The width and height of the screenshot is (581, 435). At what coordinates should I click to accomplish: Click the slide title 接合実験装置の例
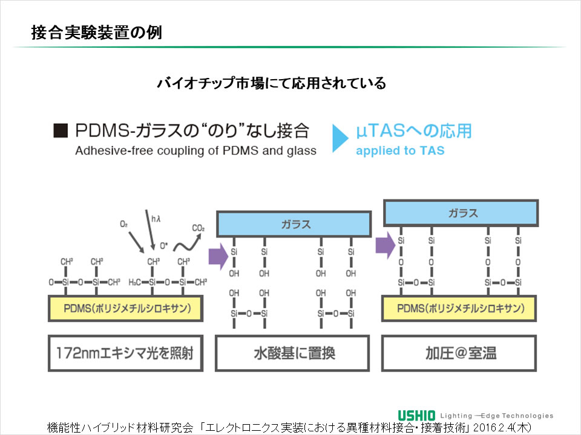click(x=97, y=33)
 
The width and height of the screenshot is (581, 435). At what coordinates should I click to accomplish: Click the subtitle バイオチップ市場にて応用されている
click(x=271, y=83)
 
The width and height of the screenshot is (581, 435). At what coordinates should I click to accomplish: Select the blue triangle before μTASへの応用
click(x=341, y=138)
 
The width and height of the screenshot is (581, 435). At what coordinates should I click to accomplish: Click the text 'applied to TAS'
click(x=400, y=151)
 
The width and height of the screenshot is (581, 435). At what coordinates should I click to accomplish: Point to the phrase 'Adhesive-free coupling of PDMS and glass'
click(x=195, y=151)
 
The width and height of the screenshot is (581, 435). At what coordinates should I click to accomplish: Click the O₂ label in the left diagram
click(x=124, y=224)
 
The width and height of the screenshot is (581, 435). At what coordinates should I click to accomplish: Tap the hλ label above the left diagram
click(x=156, y=219)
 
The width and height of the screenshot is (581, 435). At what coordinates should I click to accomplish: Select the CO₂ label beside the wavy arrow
click(x=198, y=228)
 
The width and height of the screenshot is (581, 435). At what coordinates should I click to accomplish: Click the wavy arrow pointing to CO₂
click(x=185, y=242)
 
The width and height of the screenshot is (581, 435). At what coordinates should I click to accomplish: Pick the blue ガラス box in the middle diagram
click(x=294, y=224)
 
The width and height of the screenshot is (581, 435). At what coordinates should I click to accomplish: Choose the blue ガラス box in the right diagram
click(x=461, y=213)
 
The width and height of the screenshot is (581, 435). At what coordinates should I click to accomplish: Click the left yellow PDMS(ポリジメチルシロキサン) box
click(x=126, y=309)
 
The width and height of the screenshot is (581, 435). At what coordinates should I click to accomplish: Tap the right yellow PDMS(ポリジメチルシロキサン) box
click(x=459, y=309)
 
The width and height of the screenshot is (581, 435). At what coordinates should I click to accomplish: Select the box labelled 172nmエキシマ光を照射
click(x=126, y=353)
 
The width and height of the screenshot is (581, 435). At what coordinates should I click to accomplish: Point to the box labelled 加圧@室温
click(x=459, y=353)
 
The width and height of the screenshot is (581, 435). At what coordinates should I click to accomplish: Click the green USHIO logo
click(x=416, y=415)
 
